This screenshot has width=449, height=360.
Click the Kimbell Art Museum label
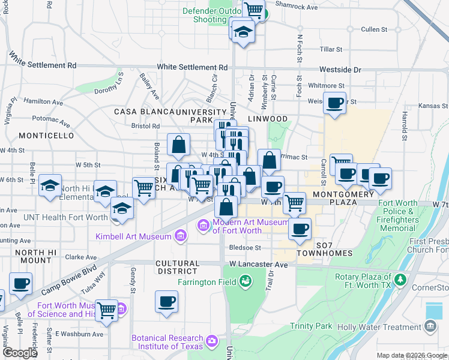tap(133, 236)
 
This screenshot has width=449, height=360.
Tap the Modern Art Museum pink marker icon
tap(203, 226)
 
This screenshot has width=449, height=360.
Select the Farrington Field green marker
tap(245, 281)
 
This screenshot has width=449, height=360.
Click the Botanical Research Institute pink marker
tap(211, 341)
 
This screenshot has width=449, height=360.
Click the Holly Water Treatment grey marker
tap(430, 326)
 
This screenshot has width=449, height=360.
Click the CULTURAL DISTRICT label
tap(177, 268)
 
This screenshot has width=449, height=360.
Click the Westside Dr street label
tap(340, 70)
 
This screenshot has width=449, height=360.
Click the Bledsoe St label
tap(245, 247)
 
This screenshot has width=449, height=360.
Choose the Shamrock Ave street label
tap(297, 6)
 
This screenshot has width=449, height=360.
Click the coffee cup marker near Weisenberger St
tap(334, 103)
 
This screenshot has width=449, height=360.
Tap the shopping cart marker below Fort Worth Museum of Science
tap(106, 310)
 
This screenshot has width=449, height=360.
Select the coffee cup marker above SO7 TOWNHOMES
tap(300, 228)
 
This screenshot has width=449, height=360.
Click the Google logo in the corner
tap(20, 353)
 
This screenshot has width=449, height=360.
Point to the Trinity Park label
tap(310, 326)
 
